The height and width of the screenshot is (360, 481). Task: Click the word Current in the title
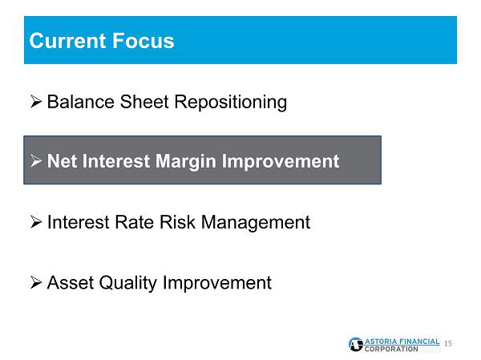pos(67,41)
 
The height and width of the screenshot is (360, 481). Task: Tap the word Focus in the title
pos(143,41)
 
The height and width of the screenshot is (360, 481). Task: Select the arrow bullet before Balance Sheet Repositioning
pos(36,102)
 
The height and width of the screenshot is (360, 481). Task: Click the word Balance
pos(81,102)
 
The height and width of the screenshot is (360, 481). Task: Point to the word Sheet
pos(144,102)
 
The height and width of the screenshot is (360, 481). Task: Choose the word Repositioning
pos(231,103)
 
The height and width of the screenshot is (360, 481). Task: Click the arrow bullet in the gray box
pos(36,160)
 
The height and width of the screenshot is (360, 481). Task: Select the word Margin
pos(186,162)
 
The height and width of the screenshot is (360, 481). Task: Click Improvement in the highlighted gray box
pos(281,162)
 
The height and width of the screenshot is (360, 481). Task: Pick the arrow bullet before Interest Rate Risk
pos(36,222)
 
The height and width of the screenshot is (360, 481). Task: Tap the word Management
pos(256,223)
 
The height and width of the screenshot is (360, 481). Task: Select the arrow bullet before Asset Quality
pos(36,282)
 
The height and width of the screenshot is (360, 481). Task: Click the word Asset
pos(71,282)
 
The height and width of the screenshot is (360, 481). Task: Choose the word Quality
pos(128,283)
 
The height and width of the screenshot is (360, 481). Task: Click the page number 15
pos(448,343)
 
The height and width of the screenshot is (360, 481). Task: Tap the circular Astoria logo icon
pos(356,344)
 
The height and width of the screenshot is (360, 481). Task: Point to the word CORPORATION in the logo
pos(391,349)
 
